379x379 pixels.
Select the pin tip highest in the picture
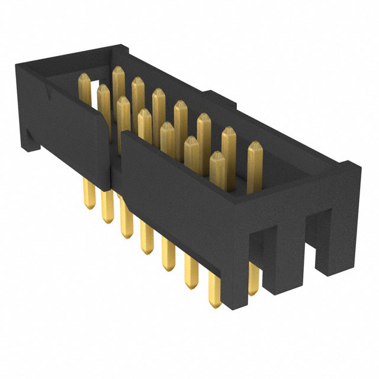[118, 71]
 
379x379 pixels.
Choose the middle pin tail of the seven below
[146, 243]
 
